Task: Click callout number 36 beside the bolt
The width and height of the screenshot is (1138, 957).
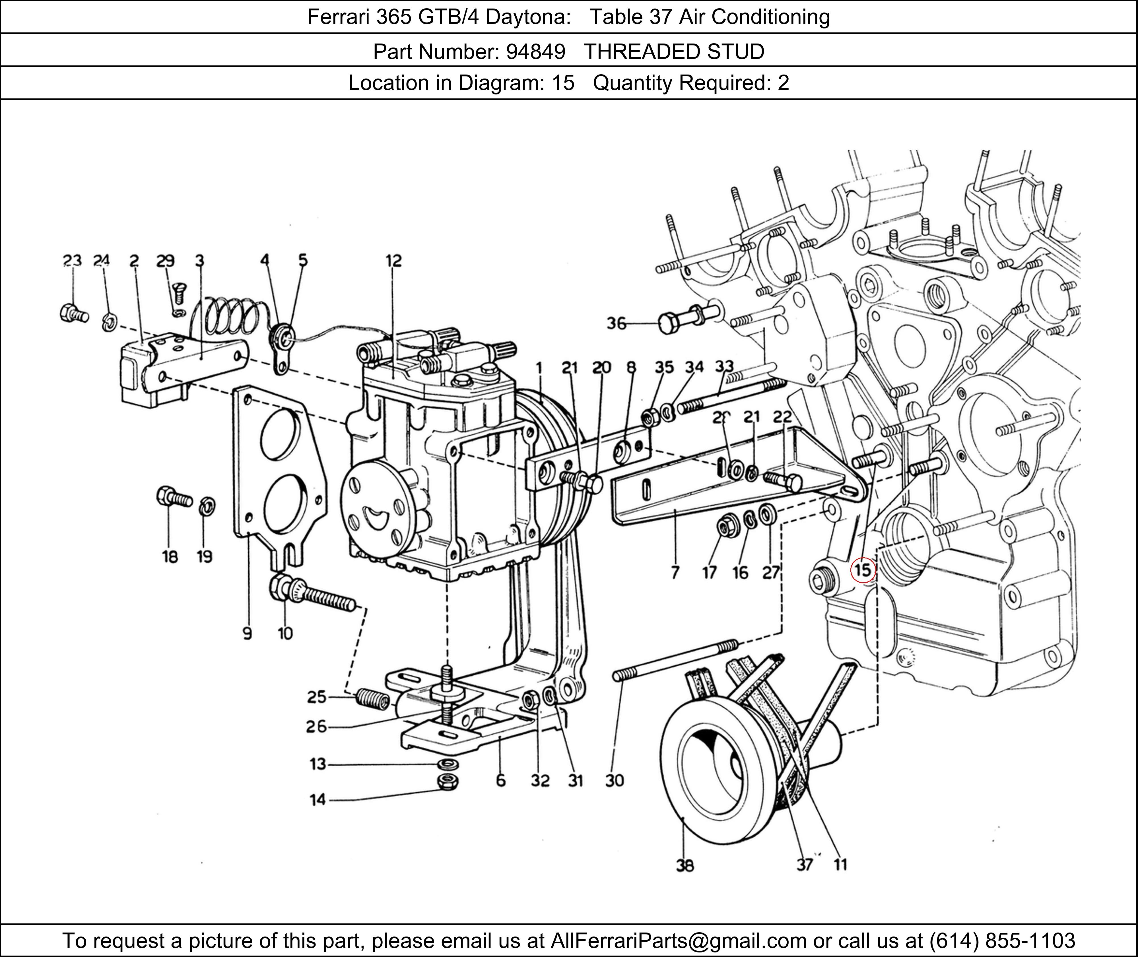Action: [616, 324]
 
